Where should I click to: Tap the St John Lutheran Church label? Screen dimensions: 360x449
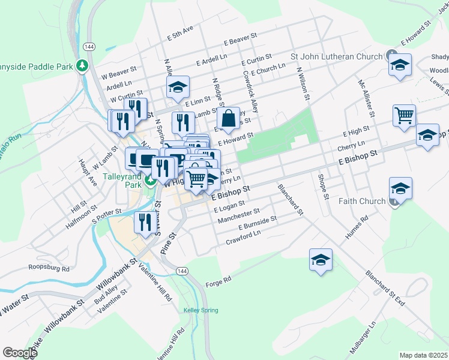tap(336, 57)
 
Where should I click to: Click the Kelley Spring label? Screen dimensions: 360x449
tap(200, 310)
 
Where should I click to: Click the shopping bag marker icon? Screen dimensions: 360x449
tap(229, 119)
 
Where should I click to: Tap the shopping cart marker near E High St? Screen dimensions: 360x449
tap(404, 115)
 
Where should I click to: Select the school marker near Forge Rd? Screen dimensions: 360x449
tap(321, 260)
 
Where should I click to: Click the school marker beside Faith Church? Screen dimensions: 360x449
tap(400, 189)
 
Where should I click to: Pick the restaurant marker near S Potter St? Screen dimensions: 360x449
tap(143, 223)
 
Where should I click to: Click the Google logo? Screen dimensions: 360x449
tap(20, 353)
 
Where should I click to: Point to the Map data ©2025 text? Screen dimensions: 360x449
tap(423, 355)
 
